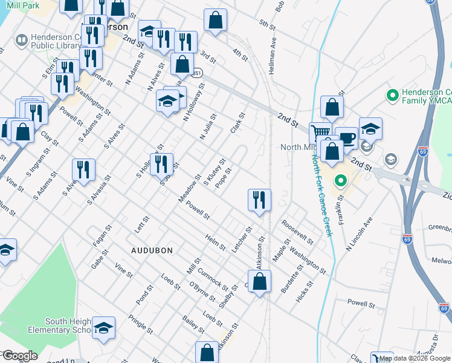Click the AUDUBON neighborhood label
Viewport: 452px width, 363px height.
152,250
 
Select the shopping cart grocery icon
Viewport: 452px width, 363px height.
320,132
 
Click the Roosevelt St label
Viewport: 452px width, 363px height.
297,231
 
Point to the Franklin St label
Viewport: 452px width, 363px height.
341,206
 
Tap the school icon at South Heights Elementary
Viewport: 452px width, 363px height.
103,327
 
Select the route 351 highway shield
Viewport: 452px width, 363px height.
197,73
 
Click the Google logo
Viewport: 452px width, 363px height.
21,356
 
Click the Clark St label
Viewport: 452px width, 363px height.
237,123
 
